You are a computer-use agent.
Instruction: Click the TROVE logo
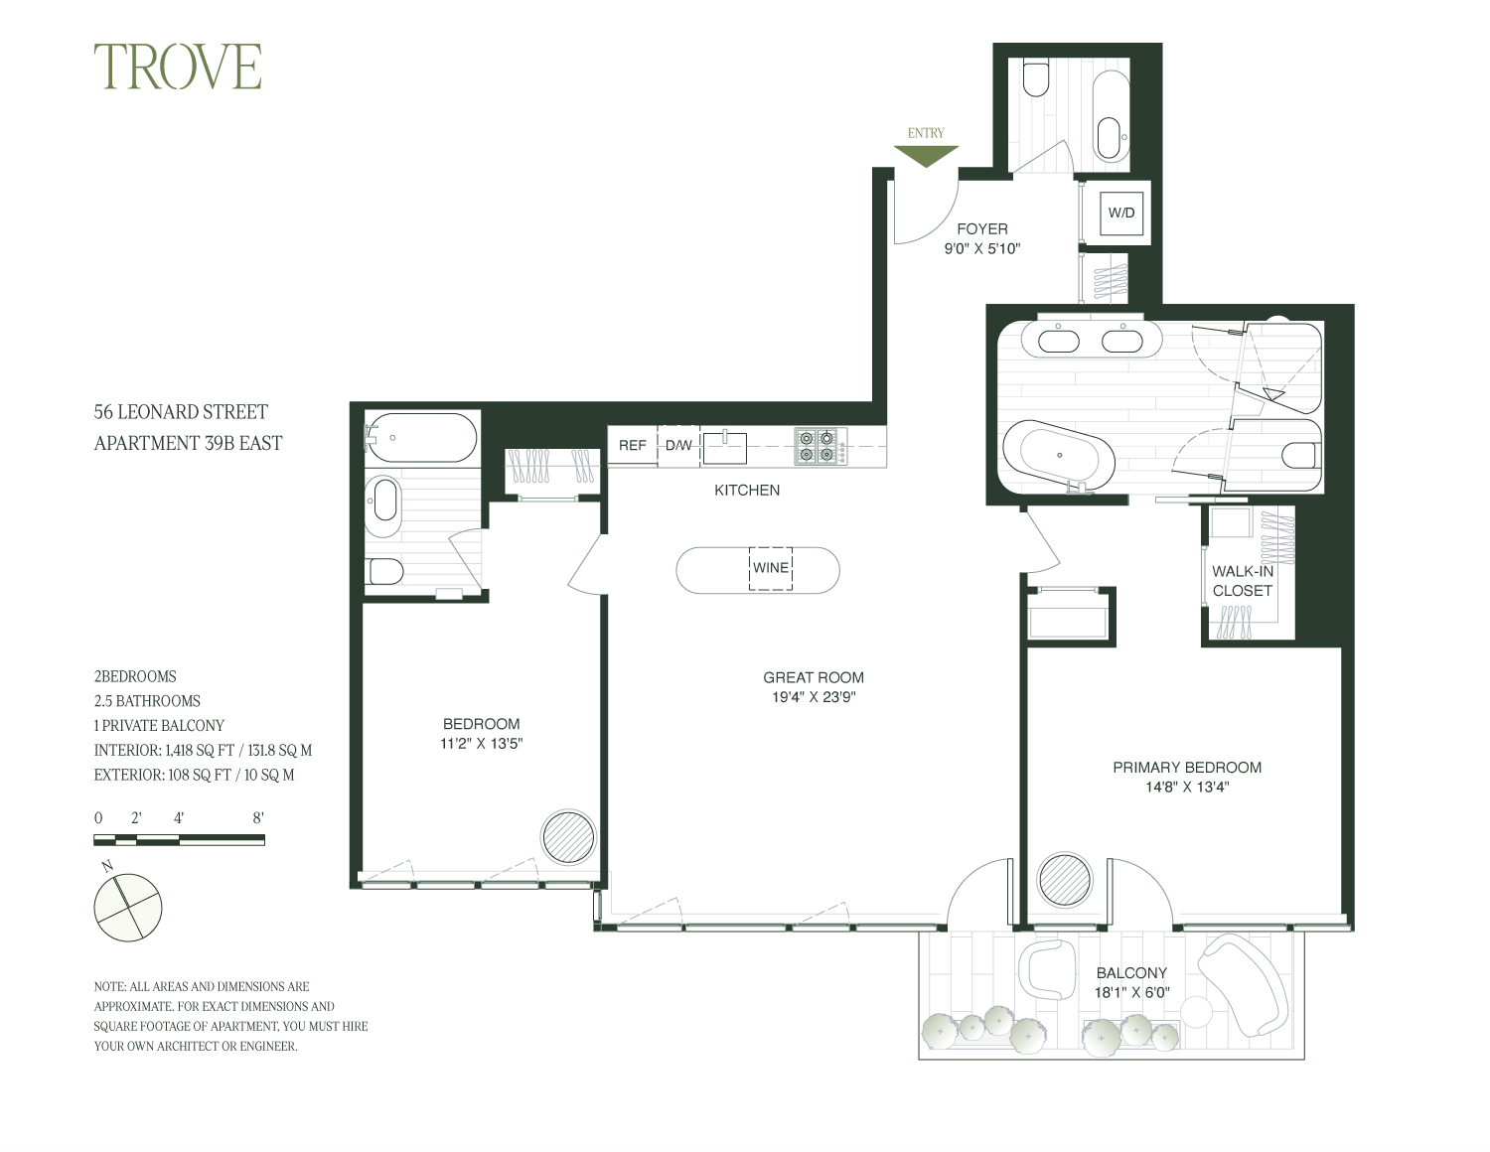tap(178, 68)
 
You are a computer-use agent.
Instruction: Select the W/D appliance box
tap(1121, 213)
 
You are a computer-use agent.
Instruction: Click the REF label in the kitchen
tap(633, 445)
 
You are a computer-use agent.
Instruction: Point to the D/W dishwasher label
tap(679, 445)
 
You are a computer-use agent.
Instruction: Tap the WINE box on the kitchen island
tap(771, 568)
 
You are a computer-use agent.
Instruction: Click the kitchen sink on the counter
tap(725, 447)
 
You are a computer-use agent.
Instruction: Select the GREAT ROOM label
tap(813, 677)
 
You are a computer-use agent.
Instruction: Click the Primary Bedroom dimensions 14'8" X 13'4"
tap(1187, 787)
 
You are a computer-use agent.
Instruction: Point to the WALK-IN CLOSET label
tap(1242, 581)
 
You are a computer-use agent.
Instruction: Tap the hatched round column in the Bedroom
tap(568, 836)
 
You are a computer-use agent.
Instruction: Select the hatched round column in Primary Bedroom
tap(1065, 879)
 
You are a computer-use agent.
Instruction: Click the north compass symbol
tap(127, 907)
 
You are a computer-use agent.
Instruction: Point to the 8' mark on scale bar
tap(258, 818)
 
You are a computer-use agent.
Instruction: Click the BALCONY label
tap(1131, 973)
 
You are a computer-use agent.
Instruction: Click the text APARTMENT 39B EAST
tap(188, 443)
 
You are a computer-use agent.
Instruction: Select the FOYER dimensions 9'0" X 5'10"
tap(981, 249)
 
